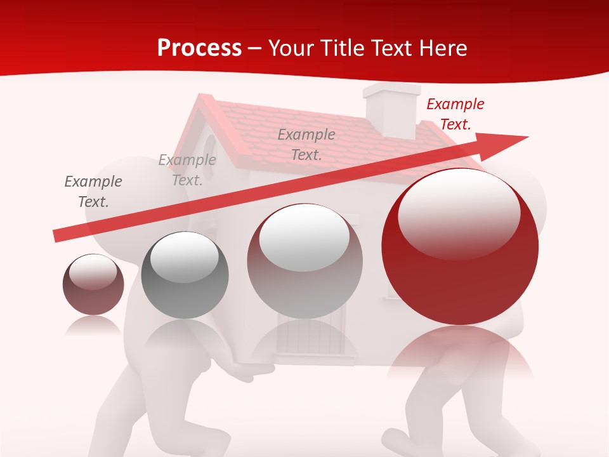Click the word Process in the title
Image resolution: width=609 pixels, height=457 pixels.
(199, 48)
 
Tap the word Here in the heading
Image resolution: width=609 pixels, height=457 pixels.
(442, 48)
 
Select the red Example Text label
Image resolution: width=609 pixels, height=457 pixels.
(455, 114)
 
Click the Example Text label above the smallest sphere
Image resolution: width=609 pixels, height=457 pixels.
(93, 192)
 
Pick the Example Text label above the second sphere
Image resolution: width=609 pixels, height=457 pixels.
(187, 170)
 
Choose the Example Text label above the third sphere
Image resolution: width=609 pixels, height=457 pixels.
(306, 144)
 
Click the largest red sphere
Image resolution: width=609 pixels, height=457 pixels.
(460, 279)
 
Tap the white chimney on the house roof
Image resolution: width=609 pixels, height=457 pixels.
(390, 108)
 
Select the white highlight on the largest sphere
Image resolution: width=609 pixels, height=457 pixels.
(459, 213)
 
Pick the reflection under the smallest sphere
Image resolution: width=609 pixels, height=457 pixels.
(93, 326)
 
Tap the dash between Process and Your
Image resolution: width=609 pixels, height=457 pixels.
(255, 48)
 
